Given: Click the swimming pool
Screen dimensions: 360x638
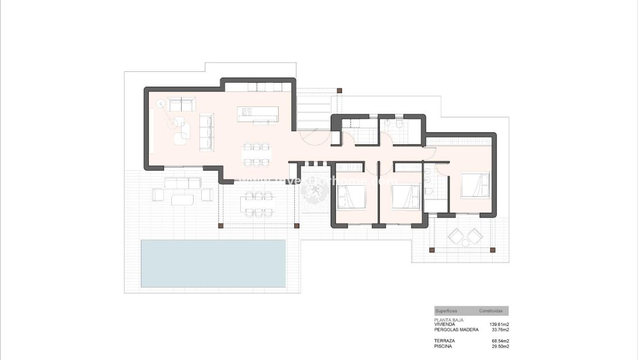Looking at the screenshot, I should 213,263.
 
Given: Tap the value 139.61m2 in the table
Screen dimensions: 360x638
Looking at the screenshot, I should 499,324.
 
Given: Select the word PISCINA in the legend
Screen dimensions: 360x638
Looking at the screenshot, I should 443,346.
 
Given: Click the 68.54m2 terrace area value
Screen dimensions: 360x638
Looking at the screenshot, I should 499,341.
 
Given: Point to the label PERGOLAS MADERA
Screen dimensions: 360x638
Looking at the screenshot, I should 456,330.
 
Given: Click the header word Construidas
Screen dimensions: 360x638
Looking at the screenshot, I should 491,311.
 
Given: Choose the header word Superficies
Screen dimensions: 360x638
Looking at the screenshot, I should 446,311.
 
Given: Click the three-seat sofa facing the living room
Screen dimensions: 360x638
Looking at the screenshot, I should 206,132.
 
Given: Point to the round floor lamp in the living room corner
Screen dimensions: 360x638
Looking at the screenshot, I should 160,104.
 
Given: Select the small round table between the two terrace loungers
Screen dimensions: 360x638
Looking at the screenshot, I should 466,243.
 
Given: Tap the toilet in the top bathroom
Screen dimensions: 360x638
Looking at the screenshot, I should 399,124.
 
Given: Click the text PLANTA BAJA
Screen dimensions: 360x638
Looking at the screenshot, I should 449,320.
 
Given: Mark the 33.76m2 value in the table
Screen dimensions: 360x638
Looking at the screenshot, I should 499,330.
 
